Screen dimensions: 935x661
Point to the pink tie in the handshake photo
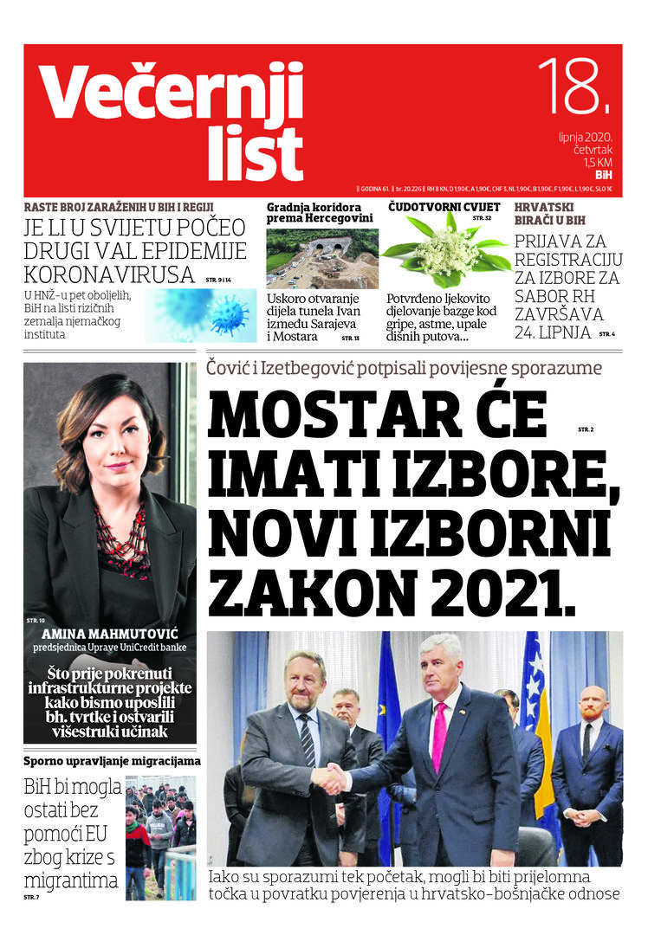439,736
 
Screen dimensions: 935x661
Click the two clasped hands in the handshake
329,778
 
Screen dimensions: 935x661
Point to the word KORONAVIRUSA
108,274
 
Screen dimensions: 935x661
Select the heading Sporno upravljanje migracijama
112,761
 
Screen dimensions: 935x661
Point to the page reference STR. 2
586,429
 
